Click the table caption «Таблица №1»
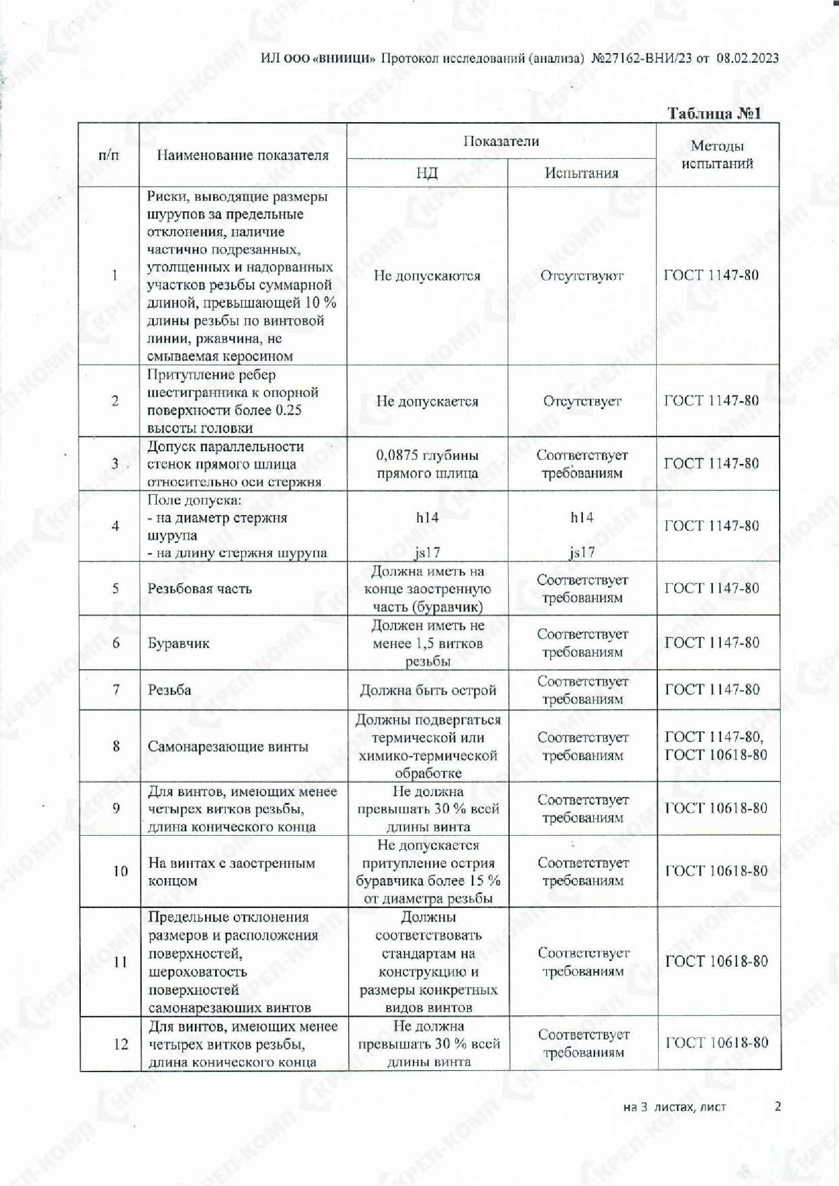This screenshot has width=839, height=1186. [x=714, y=114]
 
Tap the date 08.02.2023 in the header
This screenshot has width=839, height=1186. [x=747, y=58]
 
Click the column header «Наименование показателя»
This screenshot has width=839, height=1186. [x=243, y=156]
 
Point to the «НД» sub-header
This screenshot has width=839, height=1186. [x=426, y=173]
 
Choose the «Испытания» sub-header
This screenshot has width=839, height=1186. [x=582, y=173]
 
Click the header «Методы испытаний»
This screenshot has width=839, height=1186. [x=717, y=155]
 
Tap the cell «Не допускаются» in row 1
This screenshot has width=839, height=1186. [x=426, y=276]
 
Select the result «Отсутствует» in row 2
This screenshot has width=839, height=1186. [x=582, y=402]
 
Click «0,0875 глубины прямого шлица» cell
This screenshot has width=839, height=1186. [x=426, y=464]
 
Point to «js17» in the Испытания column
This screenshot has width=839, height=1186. [x=582, y=553]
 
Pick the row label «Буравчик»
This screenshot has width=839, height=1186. [x=178, y=643]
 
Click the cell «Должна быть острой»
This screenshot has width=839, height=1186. [x=427, y=690]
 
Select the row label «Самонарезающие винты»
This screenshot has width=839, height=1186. [x=228, y=746]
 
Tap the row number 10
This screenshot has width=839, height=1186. [x=120, y=872]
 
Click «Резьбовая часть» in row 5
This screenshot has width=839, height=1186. [x=199, y=589]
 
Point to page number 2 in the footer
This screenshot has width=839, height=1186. [x=778, y=1106]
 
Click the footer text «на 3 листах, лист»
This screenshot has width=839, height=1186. [x=675, y=1107]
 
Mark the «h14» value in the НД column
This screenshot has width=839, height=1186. [x=427, y=518]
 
